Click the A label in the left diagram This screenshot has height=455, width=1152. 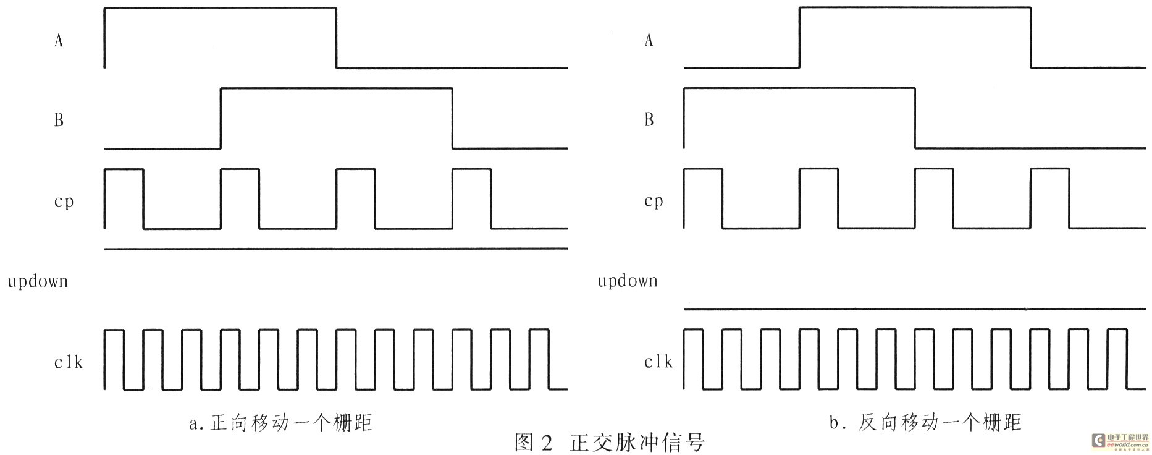[59, 40]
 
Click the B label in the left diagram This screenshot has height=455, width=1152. [59, 120]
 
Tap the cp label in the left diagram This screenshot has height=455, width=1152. [64, 202]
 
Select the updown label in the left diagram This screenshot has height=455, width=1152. [38, 282]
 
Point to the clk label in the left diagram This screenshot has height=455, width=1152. [68, 362]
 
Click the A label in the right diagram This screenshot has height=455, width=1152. [649, 40]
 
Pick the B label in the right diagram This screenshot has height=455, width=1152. [649, 120]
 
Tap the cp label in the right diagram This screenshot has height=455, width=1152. [654, 202]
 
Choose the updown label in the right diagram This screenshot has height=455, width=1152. [628, 281]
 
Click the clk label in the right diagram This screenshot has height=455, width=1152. [658, 362]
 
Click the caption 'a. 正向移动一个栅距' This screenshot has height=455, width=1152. [281, 423]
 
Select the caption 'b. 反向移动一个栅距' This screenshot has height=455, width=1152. [925, 422]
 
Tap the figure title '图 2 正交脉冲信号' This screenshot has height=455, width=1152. [610, 443]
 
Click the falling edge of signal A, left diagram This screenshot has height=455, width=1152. [337, 38]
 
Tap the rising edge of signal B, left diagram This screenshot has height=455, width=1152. [221, 118]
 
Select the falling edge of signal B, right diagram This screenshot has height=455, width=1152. [915, 118]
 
